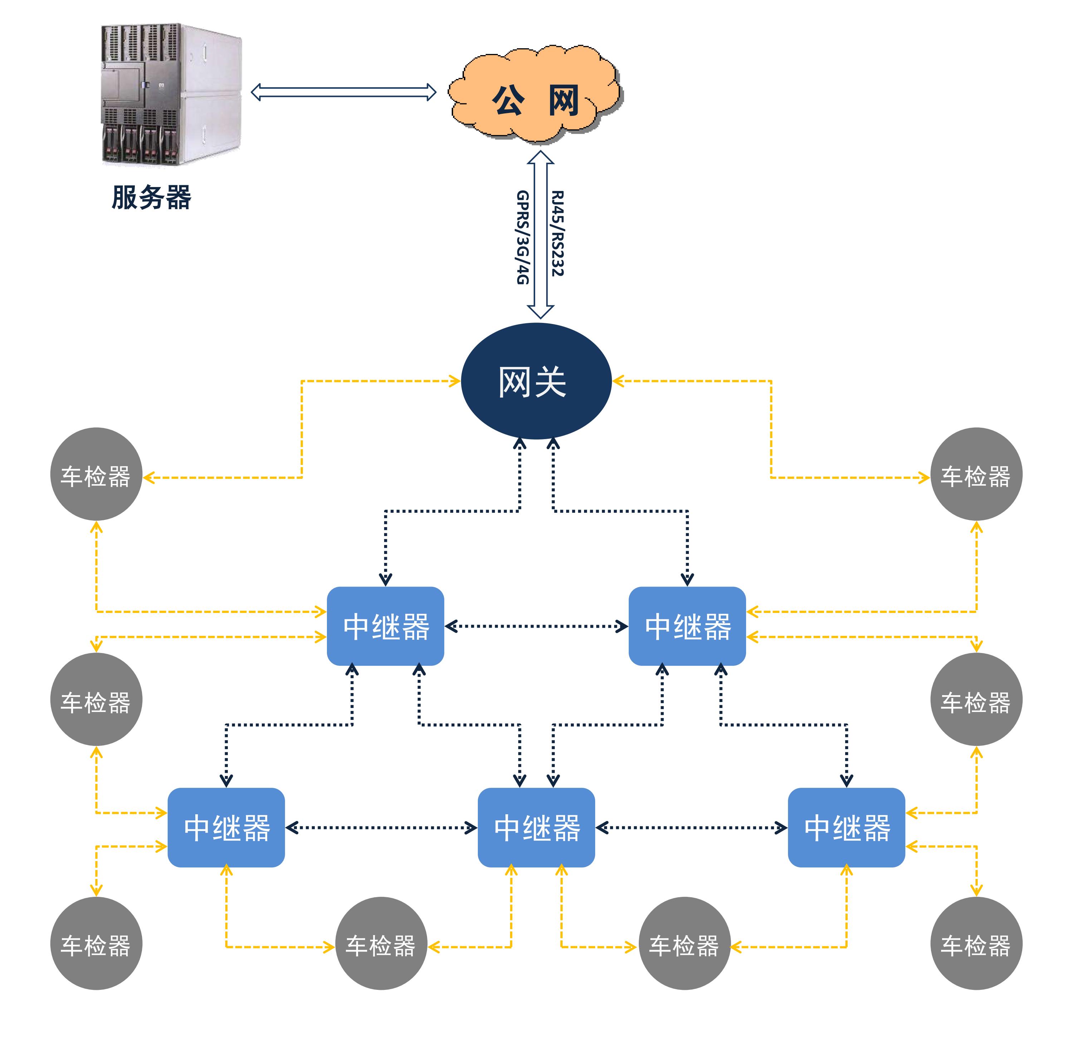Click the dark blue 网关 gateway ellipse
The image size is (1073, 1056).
(x=536, y=381)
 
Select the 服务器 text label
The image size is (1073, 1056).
(x=151, y=197)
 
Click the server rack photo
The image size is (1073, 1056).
(x=171, y=94)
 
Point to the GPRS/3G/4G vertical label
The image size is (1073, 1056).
(x=523, y=237)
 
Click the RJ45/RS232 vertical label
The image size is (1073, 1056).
(x=557, y=234)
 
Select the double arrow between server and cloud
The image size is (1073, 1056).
(x=343, y=92)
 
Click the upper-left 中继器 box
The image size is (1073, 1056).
(x=386, y=626)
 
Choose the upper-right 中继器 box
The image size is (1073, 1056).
(x=687, y=626)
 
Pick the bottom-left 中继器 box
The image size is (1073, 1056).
(x=226, y=827)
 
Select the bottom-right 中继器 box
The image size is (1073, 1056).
(x=847, y=827)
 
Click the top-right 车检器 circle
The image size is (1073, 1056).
(x=976, y=474)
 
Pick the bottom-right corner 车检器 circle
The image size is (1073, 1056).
(x=976, y=943)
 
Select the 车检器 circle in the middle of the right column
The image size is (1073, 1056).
(x=976, y=699)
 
